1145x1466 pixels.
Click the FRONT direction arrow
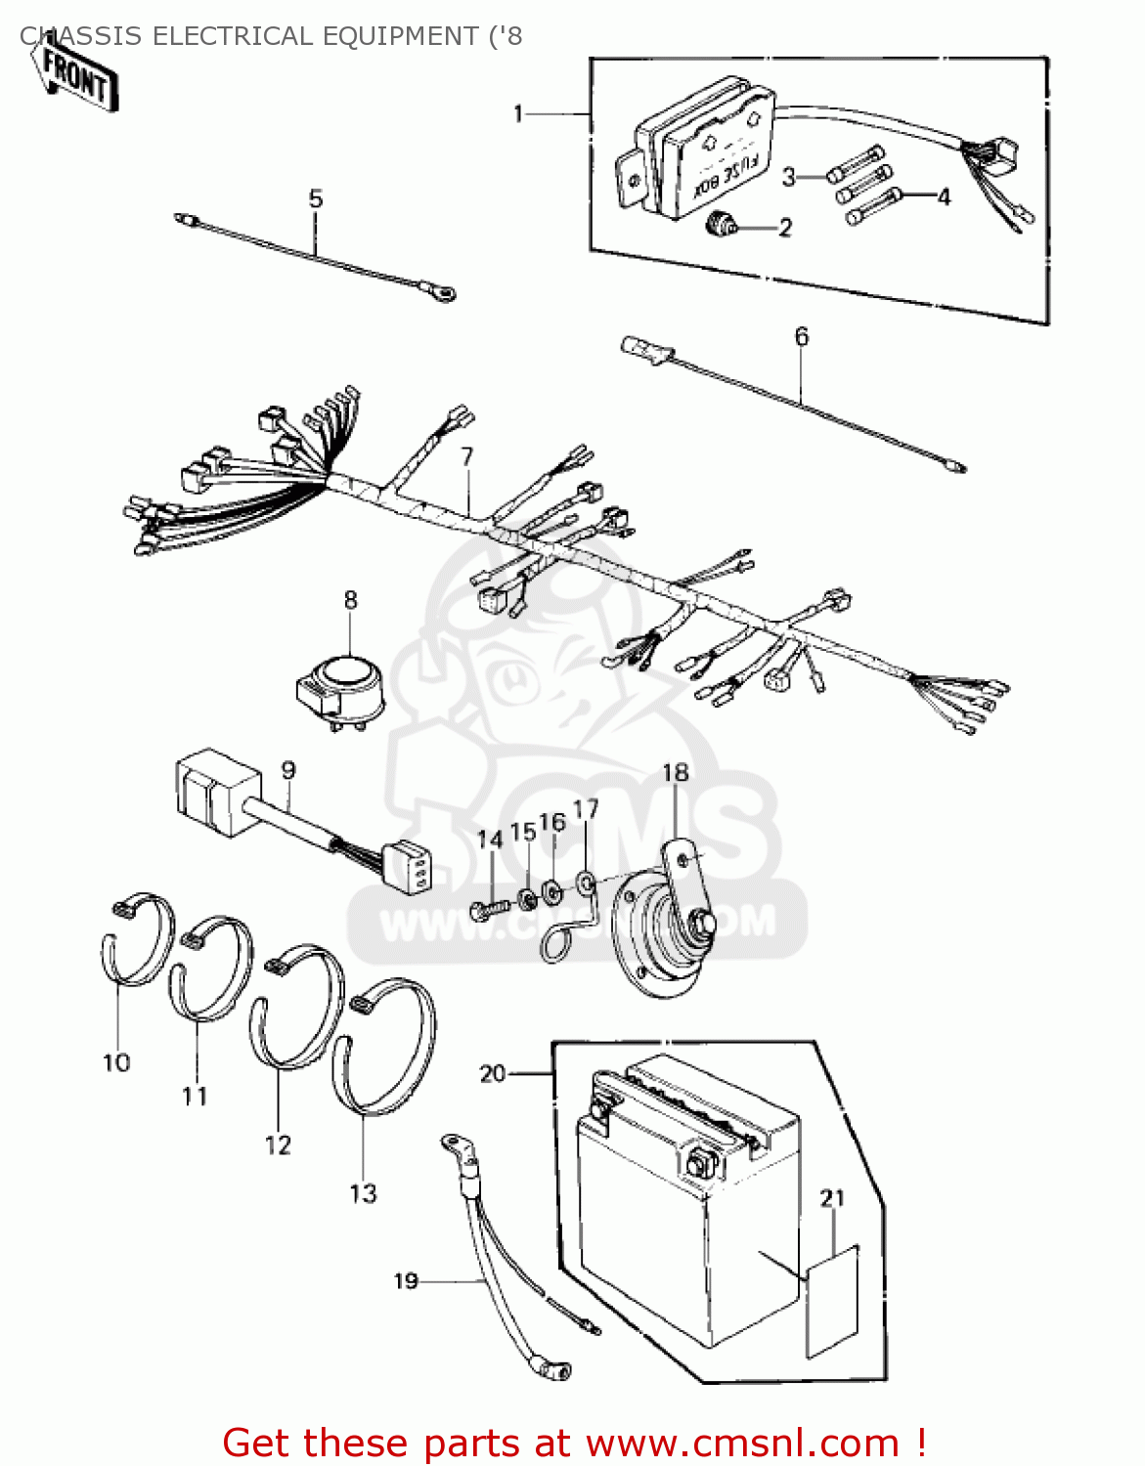(76, 77)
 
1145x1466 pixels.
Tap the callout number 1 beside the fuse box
(519, 114)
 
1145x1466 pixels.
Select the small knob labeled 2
(722, 226)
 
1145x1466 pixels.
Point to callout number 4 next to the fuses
(944, 197)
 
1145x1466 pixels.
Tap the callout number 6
(802, 337)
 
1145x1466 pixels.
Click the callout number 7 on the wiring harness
(467, 456)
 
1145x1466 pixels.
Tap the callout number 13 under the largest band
(363, 1193)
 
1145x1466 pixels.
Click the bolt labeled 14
(488, 910)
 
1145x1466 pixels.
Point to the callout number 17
(586, 809)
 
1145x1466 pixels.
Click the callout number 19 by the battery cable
(406, 1280)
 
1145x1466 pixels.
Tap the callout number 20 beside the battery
(493, 1073)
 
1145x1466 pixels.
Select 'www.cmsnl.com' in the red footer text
(742, 1443)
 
